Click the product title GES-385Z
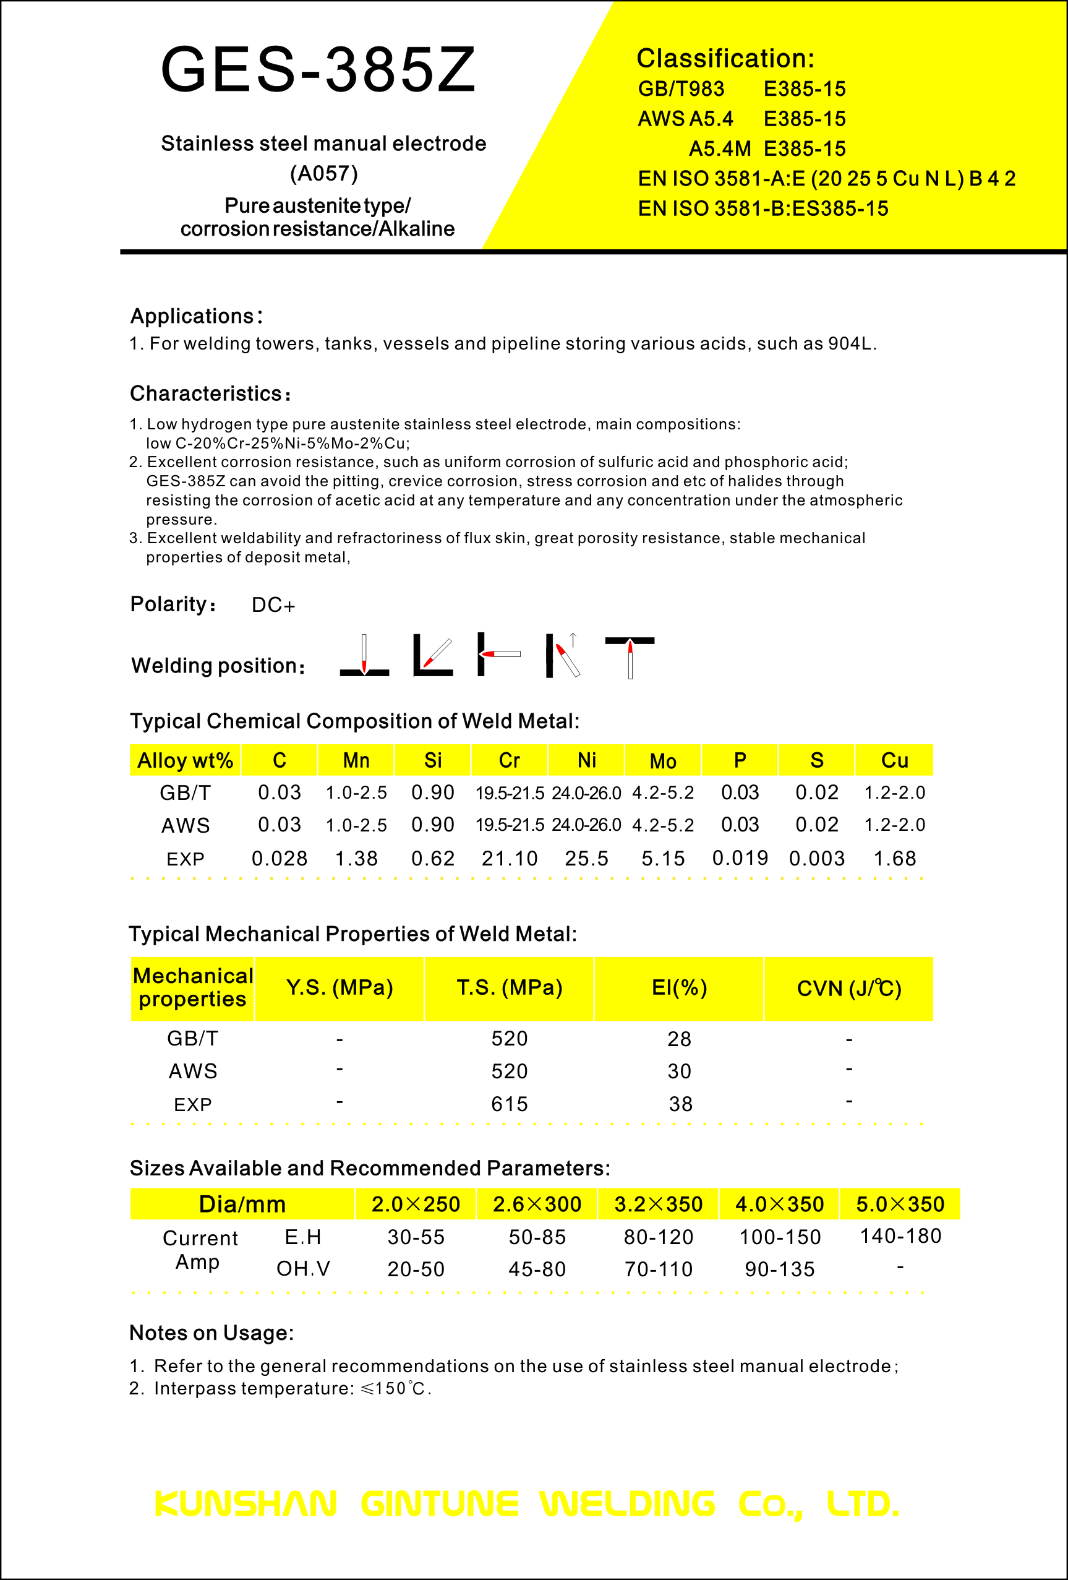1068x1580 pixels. click(318, 69)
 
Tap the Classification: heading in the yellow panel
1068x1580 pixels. click(725, 59)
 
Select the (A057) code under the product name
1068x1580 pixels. click(323, 173)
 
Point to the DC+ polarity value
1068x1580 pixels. click(273, 605)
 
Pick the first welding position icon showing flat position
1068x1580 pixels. click(364, 656)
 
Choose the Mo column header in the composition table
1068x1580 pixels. click(663, 761)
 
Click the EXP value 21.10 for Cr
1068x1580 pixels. click(509, 859)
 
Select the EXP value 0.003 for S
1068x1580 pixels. click(816, 859)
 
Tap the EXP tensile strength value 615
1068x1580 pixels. click(509, 1104)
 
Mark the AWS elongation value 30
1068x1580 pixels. click(679, 1071)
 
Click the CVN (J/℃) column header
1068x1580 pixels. click(848, 989)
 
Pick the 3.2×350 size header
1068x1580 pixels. click(658, 1204)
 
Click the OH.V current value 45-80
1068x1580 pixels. click(537, 1269)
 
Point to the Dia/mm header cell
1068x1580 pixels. click(242, 1204)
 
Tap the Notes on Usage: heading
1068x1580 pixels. click(211, 1333)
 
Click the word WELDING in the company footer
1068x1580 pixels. click(628, 1504)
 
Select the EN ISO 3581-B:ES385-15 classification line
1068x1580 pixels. click(763, 208)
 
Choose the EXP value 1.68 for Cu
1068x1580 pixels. click(895, 859)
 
